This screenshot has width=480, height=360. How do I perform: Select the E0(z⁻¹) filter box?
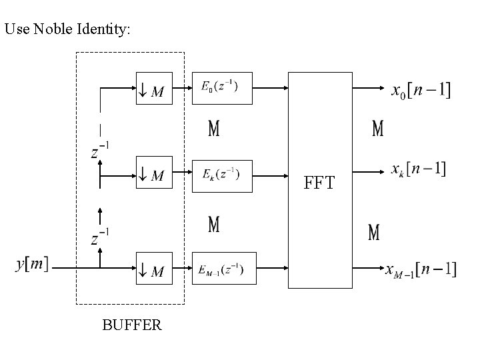click(222, 88)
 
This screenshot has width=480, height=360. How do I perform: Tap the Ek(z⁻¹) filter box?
click(222, 176)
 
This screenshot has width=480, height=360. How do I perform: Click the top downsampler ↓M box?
click(154, 88)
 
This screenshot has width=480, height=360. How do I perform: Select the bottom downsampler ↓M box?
click(154, 269)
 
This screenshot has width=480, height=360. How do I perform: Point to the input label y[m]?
click(31, 265)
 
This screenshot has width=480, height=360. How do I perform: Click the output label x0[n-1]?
click(420, 89)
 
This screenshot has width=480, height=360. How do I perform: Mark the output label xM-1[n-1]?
click(421, 269)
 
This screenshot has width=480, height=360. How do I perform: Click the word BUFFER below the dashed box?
click(131, 325)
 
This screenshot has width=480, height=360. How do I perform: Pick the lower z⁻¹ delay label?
click(100, 237)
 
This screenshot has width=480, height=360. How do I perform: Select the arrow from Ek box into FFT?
click(270, 177)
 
